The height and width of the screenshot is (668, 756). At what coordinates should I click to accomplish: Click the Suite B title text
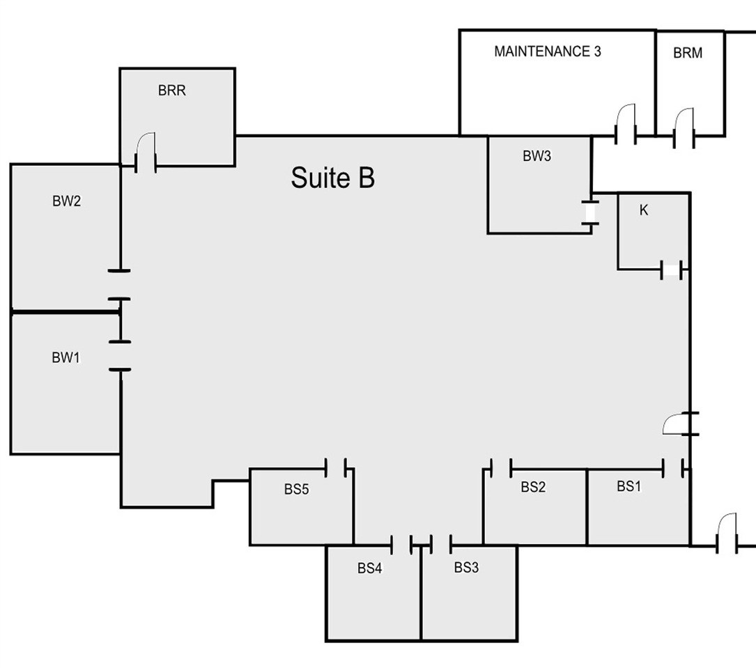pyautogui.click(x=332, y=178)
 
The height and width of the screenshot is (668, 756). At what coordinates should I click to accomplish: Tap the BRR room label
pyautogui.click(x=171, y=91)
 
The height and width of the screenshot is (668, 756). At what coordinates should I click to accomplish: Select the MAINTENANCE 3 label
pyautogui.click(x=548, y=52)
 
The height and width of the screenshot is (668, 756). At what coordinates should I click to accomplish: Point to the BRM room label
pyautogui.click(x=688, y=53)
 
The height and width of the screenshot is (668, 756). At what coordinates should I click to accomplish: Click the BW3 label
pyautogui.click(x=537, y=156)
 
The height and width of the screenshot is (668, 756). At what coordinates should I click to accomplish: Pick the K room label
pyautogui.click(x=644, y=210)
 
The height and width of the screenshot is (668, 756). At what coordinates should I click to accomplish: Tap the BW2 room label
pyautogui.click(x=66, y=201)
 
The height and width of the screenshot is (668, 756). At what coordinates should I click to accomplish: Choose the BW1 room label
pyautogui.click(x=65, y=357)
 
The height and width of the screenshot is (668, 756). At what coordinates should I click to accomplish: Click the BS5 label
pyautogui.click(x=296, y=489)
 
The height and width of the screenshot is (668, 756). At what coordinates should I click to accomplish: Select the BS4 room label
pyautogui.click(x=369, y=568)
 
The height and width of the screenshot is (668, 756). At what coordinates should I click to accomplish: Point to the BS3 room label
pyautogui.click(x=466, y=568)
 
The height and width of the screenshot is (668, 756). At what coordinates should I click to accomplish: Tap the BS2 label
pyautogui.click(x=533, y=488)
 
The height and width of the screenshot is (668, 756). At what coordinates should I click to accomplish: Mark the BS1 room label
pyautogui.click(x=628, y=486)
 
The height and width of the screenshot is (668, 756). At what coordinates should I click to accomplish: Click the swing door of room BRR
pyautogui.click(x=146, y=153)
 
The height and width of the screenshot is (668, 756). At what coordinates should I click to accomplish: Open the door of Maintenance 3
pyautogui.click(x=625, y=124)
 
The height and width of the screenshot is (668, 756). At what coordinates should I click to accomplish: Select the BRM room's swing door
pyautogui.click(x=684, y=127)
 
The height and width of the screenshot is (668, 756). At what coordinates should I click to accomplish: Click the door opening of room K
pyautogui.click(x=671, y=270)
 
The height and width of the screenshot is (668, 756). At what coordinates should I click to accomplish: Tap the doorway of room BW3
pyautogui.click(x=590, y=213)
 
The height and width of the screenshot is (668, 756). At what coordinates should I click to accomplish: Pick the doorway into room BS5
pyautogui.click(x=336, y=468)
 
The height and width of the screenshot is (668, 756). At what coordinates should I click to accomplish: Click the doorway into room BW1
pyautogui.click(x=120, y=356)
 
